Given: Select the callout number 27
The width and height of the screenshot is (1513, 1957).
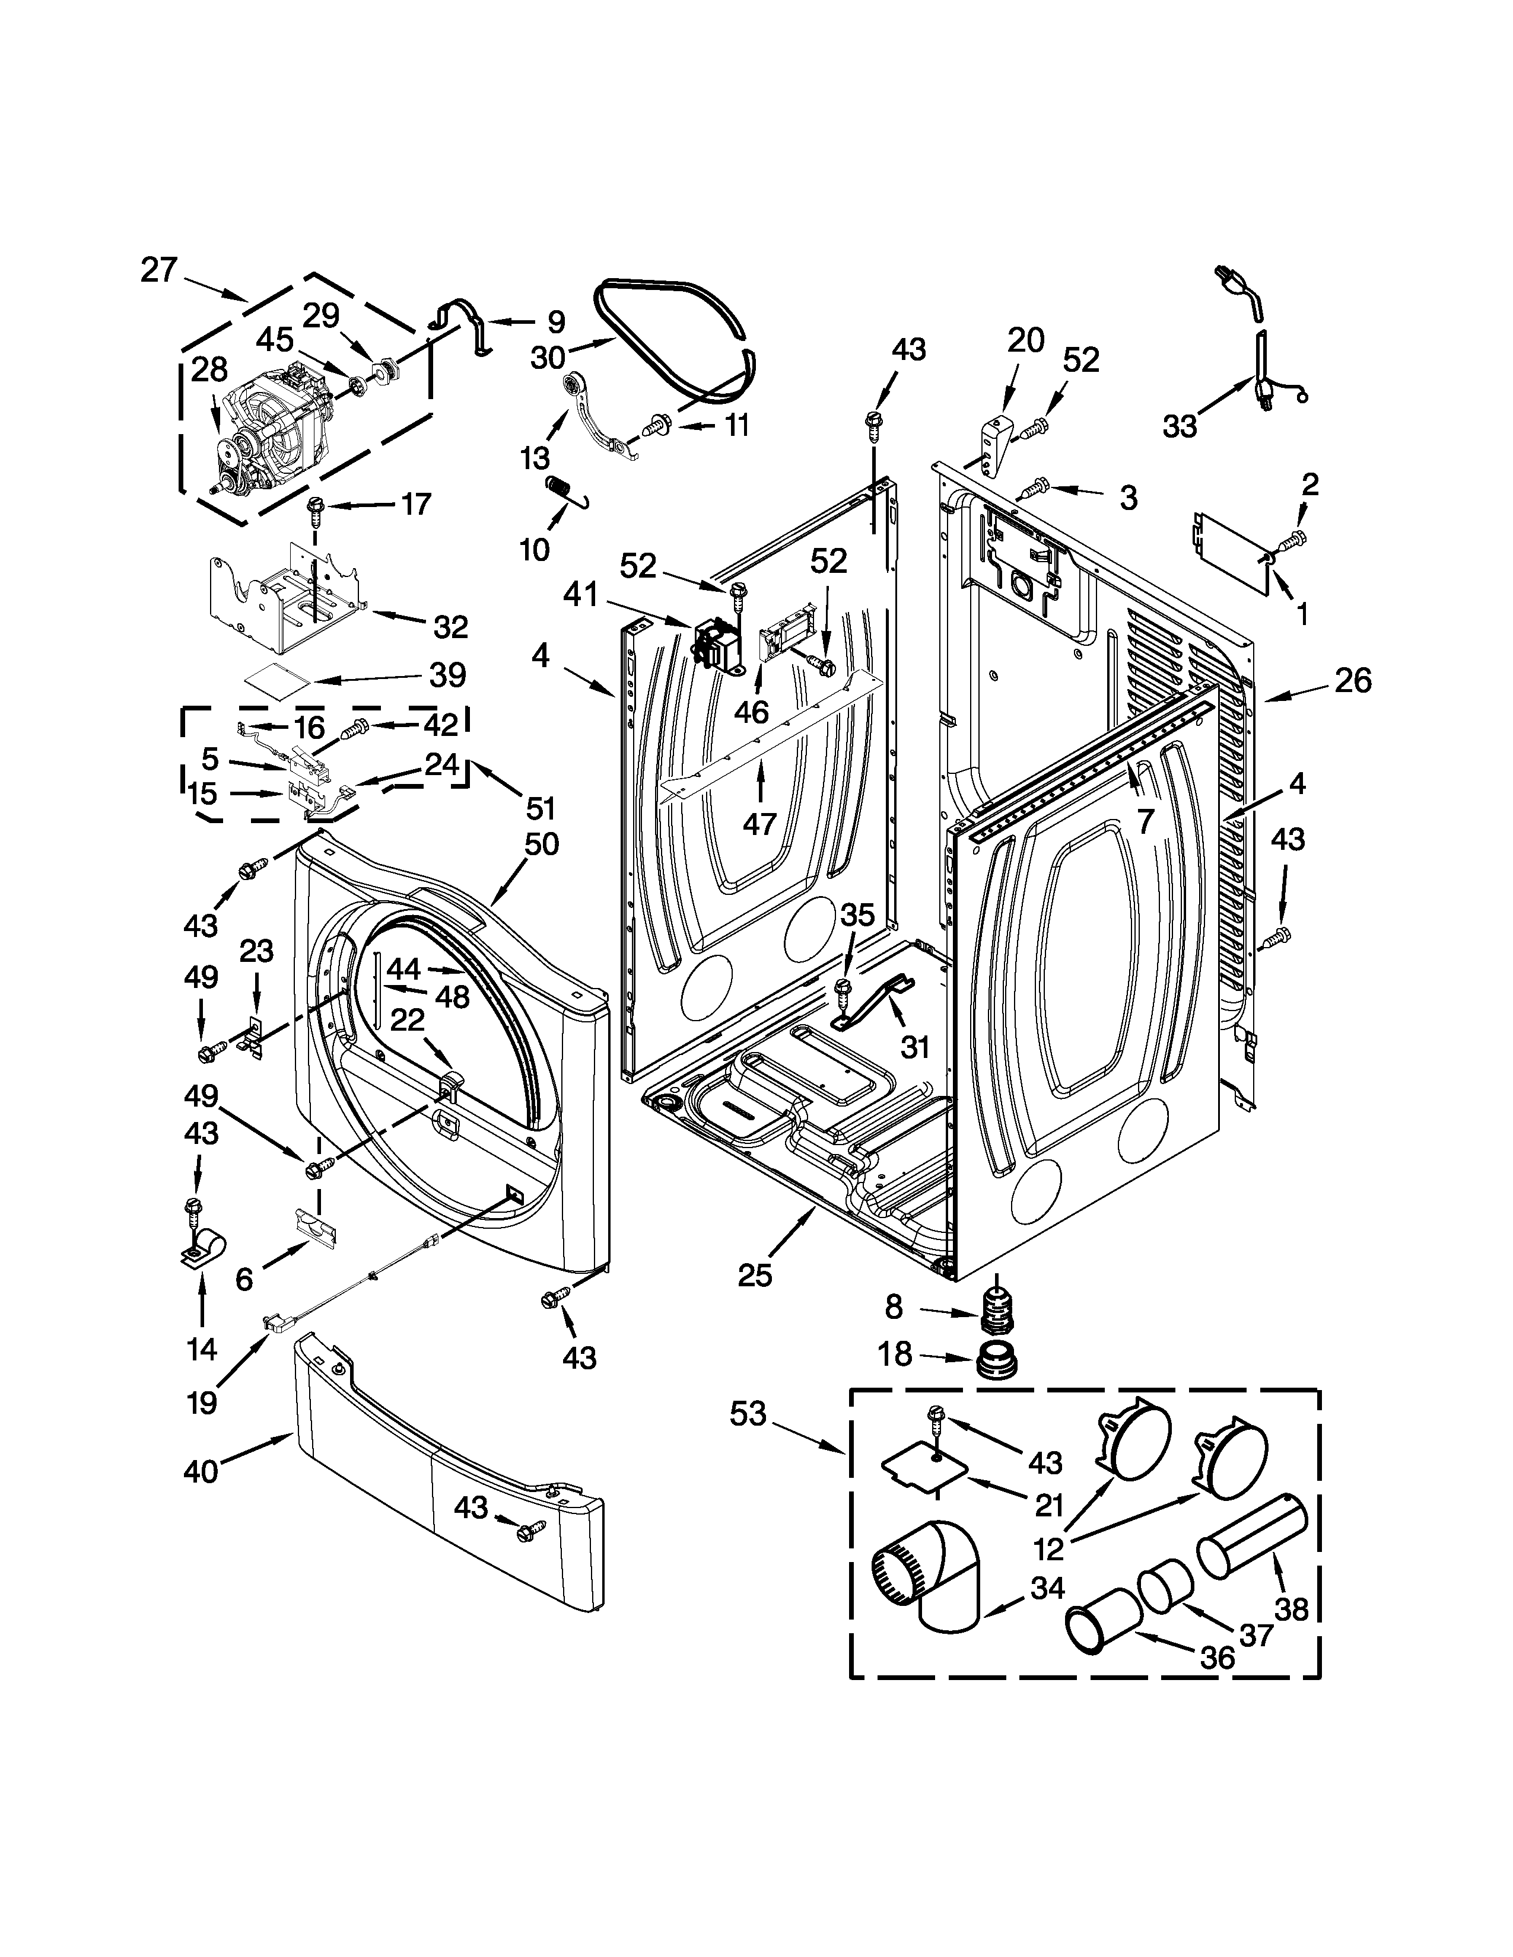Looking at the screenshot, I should point(160,270).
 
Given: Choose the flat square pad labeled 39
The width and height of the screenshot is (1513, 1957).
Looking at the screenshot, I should point(276,673).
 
